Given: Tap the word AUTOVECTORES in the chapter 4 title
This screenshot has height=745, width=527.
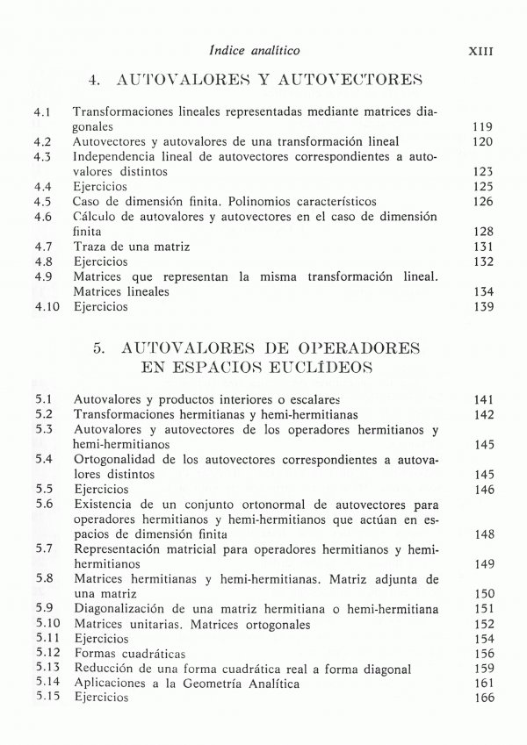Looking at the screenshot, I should coord(350,82).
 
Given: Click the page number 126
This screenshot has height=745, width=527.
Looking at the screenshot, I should coord(482,202).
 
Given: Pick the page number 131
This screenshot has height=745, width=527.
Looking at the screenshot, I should coord(482,247).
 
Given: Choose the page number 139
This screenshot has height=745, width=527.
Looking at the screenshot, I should coord(482,307).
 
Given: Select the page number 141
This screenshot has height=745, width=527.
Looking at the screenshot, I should coord(482,399).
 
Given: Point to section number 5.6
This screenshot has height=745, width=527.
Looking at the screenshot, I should coord(44,505).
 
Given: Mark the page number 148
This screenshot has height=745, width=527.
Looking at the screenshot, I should coord(482,534).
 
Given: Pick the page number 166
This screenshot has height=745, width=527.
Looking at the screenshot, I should coord(482,698).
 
